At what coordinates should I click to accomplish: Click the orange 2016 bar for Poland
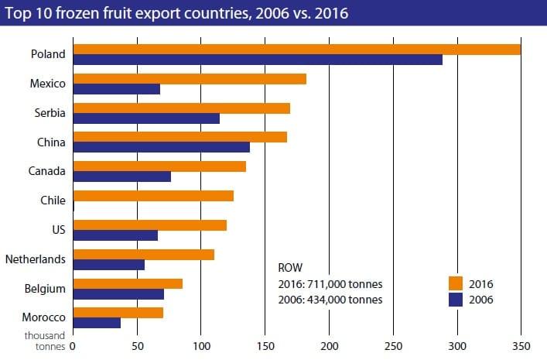click(x=296, y=50)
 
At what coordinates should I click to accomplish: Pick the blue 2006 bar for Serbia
click(x=146, y=118)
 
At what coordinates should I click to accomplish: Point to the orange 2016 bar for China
click(x=179, y=137)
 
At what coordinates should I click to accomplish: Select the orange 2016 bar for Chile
click(x=153, y=196)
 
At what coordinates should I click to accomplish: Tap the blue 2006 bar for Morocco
click(x=97, y=323)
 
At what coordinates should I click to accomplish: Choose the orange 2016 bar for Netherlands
click(x=143, y=255)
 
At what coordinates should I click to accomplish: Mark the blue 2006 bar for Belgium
click(x=118, y=293)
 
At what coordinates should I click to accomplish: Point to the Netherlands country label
click(x=36, y=259)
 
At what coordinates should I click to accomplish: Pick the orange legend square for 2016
click(x=456, y=283)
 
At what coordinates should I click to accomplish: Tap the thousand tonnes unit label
click(x=45, y=341)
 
